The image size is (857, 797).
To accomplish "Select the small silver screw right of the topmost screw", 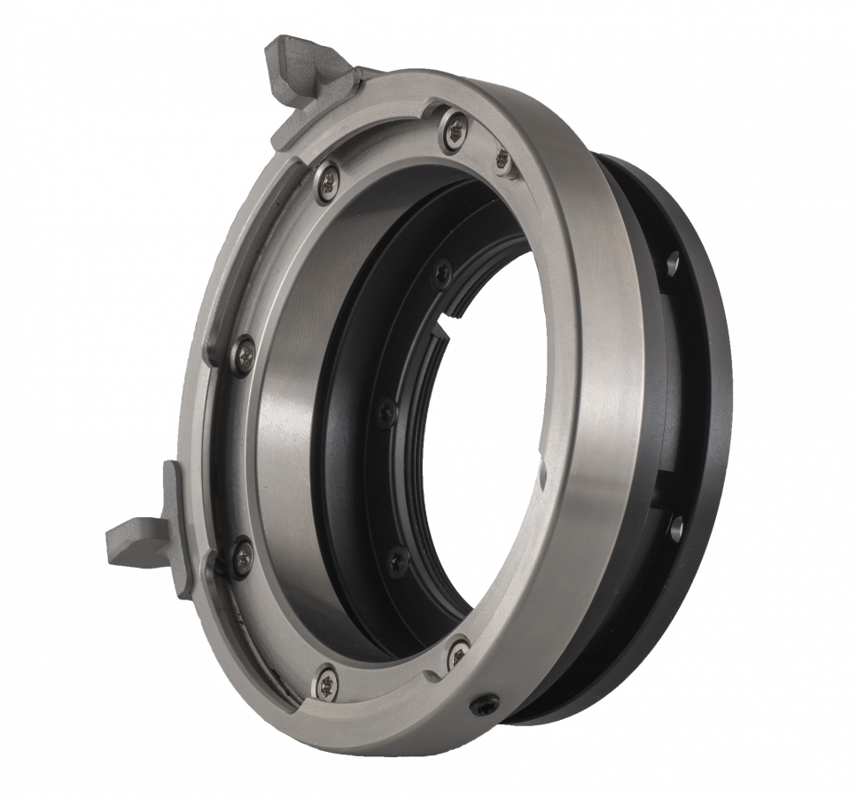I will [x=503, y=160].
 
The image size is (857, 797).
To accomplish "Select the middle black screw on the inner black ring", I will [x=386, y=412].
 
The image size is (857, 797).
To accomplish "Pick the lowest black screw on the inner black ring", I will [x=398, y=561].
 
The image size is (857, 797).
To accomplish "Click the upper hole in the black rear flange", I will [x=673, y=263].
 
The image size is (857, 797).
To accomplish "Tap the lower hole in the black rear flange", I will [x=675, y=528].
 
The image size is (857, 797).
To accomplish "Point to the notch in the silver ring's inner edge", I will [x=541, y=475].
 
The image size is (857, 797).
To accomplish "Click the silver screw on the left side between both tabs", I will [x=243, y=355].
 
